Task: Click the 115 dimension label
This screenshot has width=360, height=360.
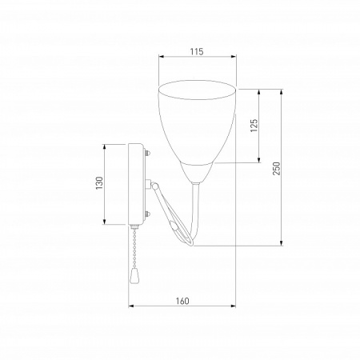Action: (197, 51)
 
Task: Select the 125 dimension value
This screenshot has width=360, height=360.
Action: (254, 126)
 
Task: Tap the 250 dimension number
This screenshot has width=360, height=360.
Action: (277, 168)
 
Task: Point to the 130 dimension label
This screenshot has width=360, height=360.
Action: (99, 183)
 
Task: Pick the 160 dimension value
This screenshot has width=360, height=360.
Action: (182, 301)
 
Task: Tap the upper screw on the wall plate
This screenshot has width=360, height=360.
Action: (147, 154)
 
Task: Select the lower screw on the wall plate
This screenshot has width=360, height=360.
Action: (147, 214)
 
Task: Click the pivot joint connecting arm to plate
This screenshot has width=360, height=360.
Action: (154, 185)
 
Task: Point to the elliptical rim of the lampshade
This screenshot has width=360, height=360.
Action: (197, 81)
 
